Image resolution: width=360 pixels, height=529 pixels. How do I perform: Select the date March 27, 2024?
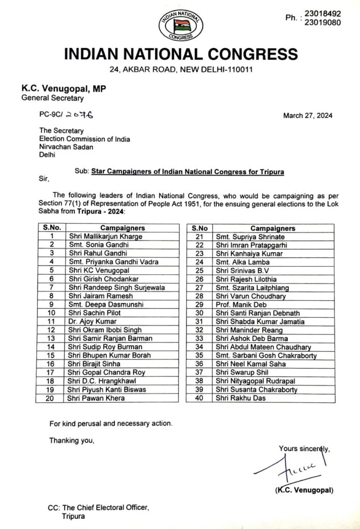click(307, 115)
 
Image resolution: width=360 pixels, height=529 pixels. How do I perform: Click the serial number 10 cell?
click(50, 313)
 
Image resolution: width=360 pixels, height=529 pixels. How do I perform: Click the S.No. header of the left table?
click(50, 228)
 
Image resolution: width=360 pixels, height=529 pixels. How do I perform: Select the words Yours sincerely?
click(304, 448)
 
